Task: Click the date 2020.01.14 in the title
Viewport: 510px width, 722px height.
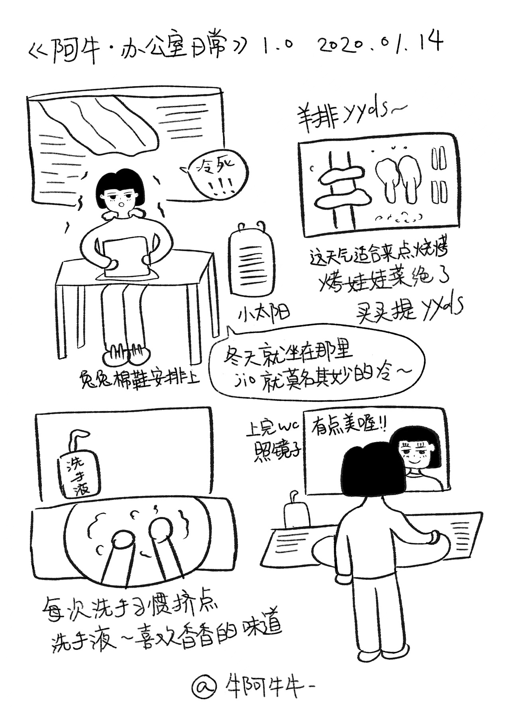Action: point(380,43)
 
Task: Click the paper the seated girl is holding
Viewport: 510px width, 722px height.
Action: point(124,256)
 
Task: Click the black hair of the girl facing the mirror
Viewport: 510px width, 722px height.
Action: point(373,470)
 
